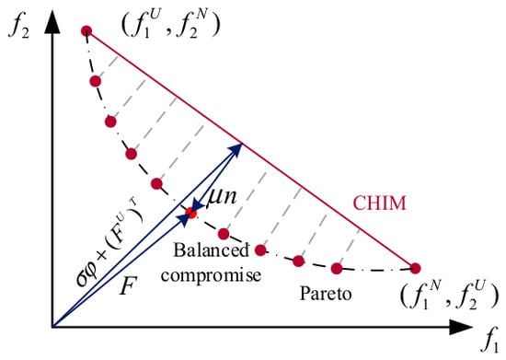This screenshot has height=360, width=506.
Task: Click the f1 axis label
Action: click(489, 343)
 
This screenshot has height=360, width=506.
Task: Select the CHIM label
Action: click(379, 203)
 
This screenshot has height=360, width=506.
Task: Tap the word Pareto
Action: click(326, 294)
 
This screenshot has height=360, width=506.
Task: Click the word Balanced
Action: click(212, 250)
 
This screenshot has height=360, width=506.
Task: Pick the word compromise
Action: click(211, 275)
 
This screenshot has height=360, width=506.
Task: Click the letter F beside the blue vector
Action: click(129, 285)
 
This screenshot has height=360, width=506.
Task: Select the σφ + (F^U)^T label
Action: click(109, 243)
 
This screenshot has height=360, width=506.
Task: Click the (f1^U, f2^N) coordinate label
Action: click(170, 26)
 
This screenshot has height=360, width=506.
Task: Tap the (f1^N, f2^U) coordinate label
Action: click(449, 295)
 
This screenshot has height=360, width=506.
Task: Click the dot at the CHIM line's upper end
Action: click(86, 31)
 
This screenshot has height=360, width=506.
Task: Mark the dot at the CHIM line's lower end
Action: click(415, 268)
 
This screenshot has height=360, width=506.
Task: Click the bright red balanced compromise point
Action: click(191, 213)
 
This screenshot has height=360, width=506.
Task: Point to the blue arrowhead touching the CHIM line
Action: click(235, 149)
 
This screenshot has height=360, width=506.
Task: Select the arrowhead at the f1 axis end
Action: click(461, 327)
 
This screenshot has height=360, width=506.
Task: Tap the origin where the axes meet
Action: click(52, 327)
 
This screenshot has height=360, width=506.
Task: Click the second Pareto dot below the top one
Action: click(110, 122)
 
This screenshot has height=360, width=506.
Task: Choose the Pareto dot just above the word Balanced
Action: click(224, 234)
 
